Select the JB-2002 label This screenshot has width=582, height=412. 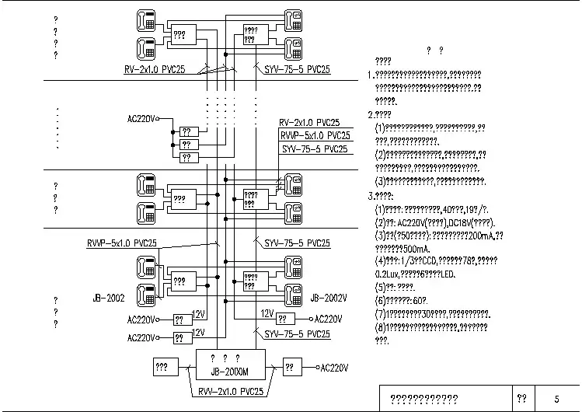[107, 298]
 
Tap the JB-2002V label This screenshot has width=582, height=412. [328, 298]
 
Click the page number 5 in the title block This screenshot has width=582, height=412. [556, 398]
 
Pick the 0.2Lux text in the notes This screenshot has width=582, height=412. [387, 274]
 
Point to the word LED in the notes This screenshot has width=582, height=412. [471, 274]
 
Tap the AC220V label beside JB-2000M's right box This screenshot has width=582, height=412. [334, 367]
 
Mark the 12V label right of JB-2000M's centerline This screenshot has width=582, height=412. [267, 313]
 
